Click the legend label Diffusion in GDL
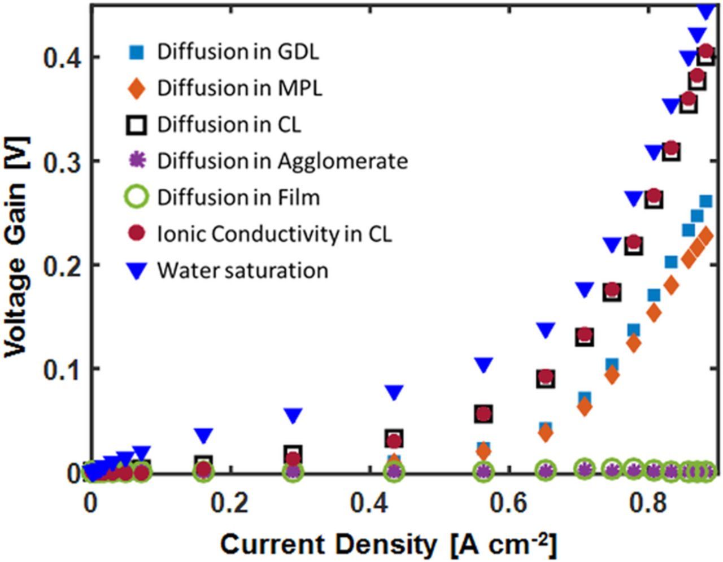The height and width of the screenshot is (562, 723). tap(238, 52)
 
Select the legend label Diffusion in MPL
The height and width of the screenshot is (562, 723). tap(239, 88)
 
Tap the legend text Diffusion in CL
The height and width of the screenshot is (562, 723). tap(229, 125)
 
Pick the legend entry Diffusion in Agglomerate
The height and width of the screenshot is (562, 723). tap(282, 161)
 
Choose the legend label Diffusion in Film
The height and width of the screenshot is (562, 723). tap(238, 198)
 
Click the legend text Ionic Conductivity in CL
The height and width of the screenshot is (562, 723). tap(275, 234)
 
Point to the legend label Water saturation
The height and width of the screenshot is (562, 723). tap(242, 270)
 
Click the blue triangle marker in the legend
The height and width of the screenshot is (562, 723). tap(137, 271)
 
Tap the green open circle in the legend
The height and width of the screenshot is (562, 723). tap(137, 198)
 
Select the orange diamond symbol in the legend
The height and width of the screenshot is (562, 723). tap(137, 89)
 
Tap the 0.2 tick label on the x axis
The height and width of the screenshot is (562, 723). tap(230, 503)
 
